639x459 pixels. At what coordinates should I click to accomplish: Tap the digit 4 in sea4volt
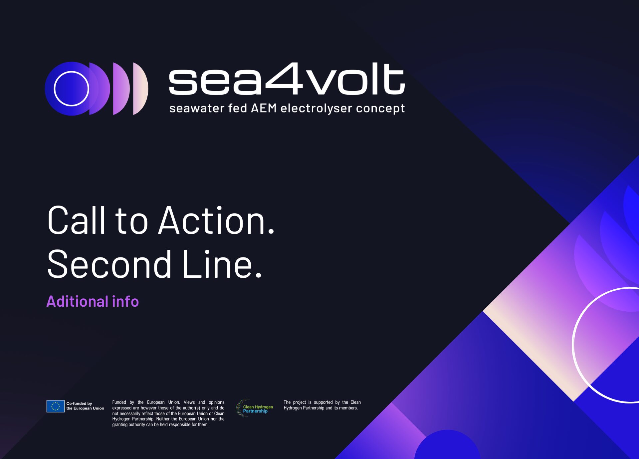284,78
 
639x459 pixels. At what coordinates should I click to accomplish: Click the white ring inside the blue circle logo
71,88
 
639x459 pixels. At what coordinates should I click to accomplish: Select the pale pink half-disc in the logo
140,89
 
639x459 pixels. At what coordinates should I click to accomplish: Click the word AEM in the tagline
264,108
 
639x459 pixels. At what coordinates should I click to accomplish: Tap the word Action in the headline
216,220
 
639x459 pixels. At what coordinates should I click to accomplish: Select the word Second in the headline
109,264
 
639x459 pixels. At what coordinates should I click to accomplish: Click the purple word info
125,301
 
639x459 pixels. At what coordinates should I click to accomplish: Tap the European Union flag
55,406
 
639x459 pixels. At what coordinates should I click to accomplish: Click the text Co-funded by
79,403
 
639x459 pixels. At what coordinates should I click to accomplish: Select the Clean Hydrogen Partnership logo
255,408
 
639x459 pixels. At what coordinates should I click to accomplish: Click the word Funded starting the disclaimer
119,402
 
